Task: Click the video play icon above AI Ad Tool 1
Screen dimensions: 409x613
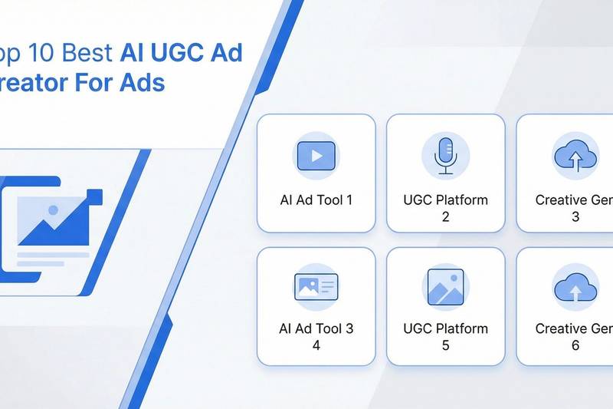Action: click(316, 155)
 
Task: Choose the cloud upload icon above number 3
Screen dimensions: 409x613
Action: click(575, 155)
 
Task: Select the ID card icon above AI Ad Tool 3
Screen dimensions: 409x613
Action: click(316, 287)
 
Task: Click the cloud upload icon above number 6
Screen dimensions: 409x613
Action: click(575, 288)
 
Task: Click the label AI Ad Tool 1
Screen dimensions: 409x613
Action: click(316, 200)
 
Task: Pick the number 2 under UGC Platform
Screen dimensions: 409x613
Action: click(445, 216)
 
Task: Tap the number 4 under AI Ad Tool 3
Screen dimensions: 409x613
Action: click(316, 345)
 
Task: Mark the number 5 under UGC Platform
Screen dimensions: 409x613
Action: click(445, 345)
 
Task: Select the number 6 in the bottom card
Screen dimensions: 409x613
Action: click(575, 345)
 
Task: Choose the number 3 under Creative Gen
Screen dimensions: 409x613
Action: click(575, 216)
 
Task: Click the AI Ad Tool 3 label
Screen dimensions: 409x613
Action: click(316, 328)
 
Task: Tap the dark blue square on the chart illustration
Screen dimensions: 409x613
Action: click(94, 197)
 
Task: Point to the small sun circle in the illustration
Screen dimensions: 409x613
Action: click(51, 209)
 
